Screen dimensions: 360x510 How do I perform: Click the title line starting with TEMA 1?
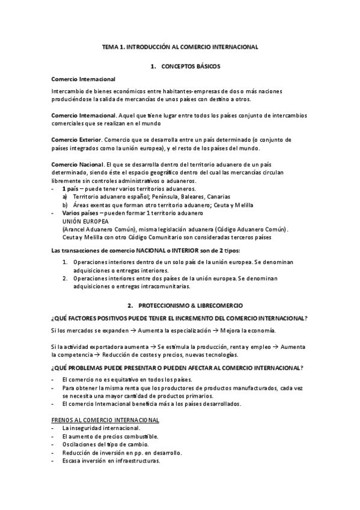[180, 46]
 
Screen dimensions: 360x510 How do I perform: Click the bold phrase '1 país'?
[70, 189]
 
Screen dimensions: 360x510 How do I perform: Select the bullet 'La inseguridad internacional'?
[96, 428]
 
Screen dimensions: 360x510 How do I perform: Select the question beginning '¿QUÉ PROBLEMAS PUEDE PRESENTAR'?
[177, 367]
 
